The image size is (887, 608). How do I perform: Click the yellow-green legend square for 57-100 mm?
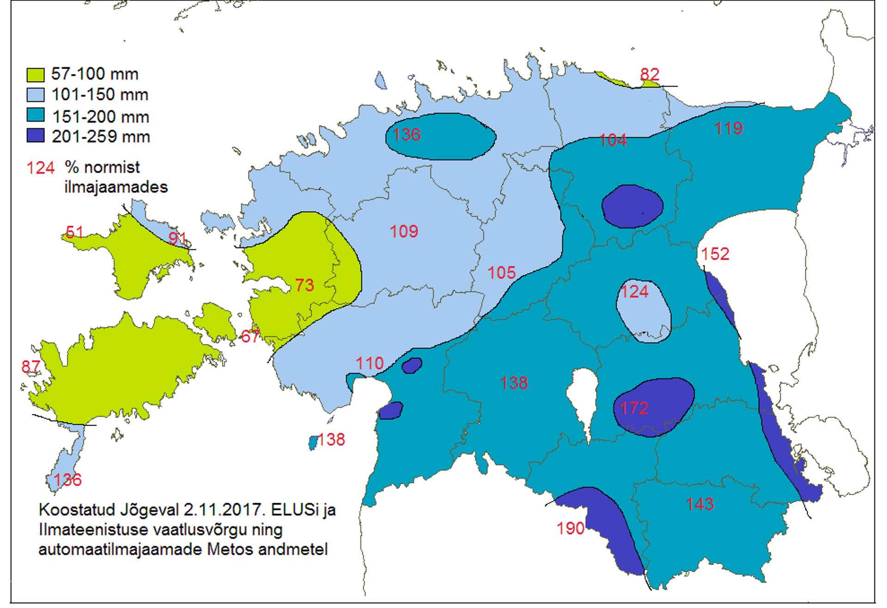click(x=36, y=74)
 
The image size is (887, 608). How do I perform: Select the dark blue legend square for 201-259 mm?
click(x=36, y=136)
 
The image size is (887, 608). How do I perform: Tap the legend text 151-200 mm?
click(x=100, y=116)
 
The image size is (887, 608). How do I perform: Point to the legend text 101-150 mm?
click(x=100, y=95)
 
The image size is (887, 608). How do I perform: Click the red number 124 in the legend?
click(x=41, y=168)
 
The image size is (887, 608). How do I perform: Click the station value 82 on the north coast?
click(x=649, y=74)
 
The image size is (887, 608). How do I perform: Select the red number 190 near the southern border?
click(x=570, y=528)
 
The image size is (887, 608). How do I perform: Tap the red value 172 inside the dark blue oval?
click(x=634, y=408)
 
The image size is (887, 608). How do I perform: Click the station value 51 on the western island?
click(x=74, y=231)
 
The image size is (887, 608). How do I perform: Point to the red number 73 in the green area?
click(x=304, y=285)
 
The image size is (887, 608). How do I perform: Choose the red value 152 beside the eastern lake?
click(x=715, y=254)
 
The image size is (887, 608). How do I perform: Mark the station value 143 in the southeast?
click(x=699, y=504)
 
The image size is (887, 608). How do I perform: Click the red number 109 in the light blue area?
click(x=404, y=231)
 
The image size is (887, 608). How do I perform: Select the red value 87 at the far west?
click(x=30, y=367)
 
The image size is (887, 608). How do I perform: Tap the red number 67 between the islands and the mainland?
click(x=250, y=336)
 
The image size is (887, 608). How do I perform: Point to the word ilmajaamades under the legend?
click(x=116, y=187)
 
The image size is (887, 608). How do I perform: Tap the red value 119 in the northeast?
click(x=729, y=128)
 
